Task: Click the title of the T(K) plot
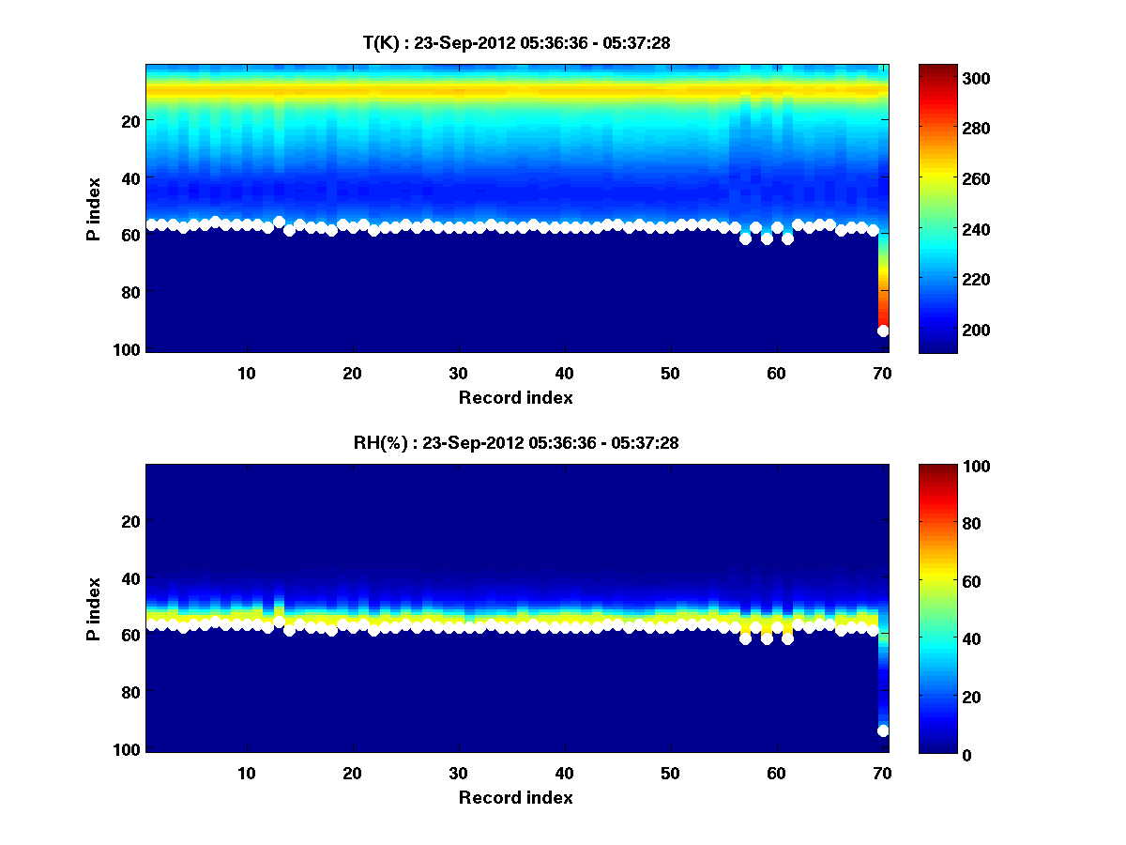click(x=516, y=42)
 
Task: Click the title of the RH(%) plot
click(x=516, y=442)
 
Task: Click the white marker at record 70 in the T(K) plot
click(x=883, y=330)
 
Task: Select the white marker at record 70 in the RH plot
click(x=883, y=730)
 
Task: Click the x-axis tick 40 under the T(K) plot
click(x=564, y=373)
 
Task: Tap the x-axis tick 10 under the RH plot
click(x=246, y=773)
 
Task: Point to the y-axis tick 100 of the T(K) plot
click(x=129, y=349)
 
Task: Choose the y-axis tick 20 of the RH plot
click(x=129, y=521)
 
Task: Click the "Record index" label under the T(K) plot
click(x=516, y=397)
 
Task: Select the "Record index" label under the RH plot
click(x=516, y=797)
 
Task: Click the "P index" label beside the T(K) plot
click(x=94, y=208)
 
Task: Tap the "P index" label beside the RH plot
click(x=94, y=608)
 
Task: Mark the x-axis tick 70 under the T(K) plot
click(x=882, y=373)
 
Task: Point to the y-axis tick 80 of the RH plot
click(x=129, y=693)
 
